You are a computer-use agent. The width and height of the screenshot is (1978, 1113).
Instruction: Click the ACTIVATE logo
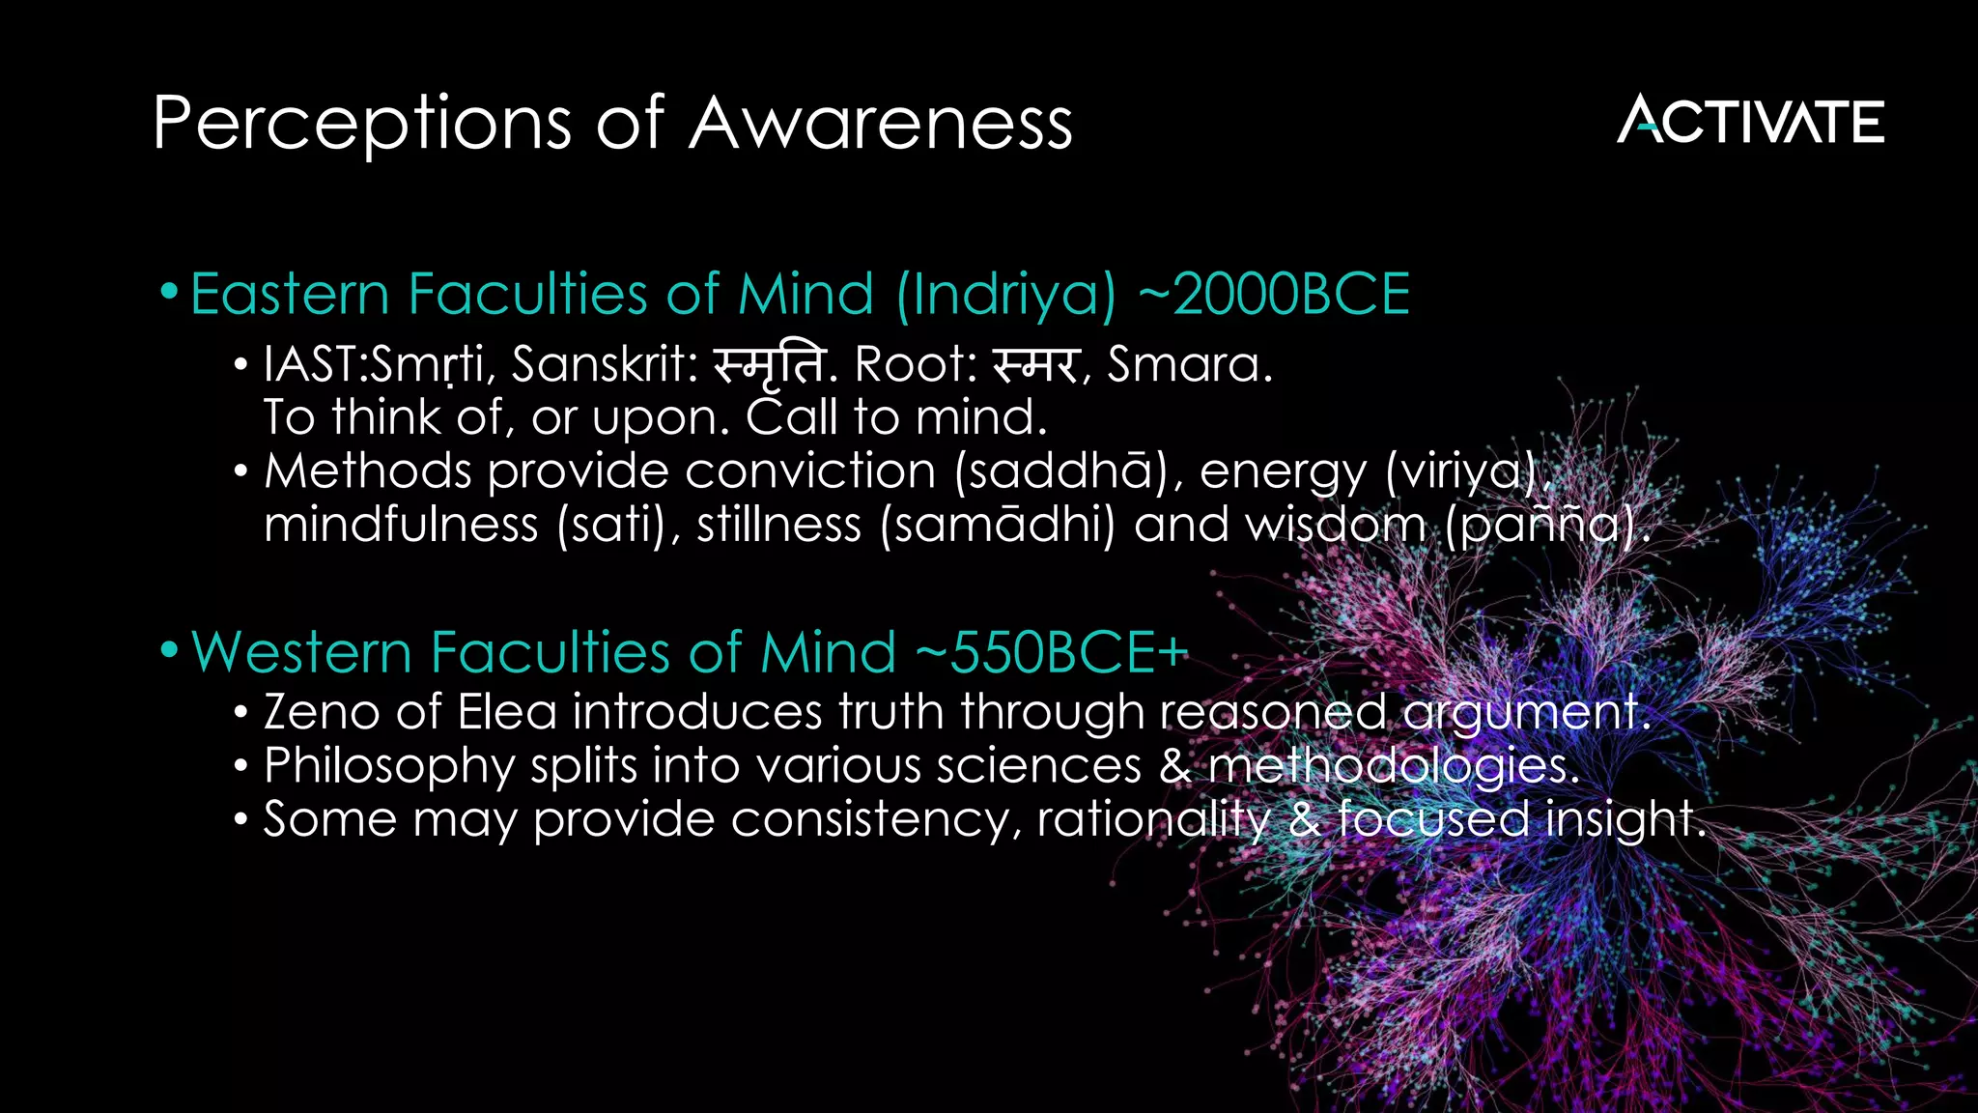pyautogui.click(x=1750, y=121)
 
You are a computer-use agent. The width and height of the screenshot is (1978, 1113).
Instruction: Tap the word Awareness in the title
pyautogui.click(x=880, y=125)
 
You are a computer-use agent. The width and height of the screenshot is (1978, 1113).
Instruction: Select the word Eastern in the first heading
pyautogui.click(x=290, y=295)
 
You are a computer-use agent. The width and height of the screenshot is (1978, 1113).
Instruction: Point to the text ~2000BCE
pyautogui.click(x=1274, y=295)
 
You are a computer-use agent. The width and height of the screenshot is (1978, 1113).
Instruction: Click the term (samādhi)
pyautogui.click(x=998, y=526)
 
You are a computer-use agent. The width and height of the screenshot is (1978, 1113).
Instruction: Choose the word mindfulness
pyautogui.click(x=401, y=526)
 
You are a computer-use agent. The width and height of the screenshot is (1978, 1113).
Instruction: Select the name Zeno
pyautogui.click(x=322, y=713)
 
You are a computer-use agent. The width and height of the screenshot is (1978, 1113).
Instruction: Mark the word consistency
pyautogui.click(x=875, y=820)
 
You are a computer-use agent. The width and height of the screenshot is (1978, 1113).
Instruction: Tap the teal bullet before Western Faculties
pyautogui.click(x=170, y=649)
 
